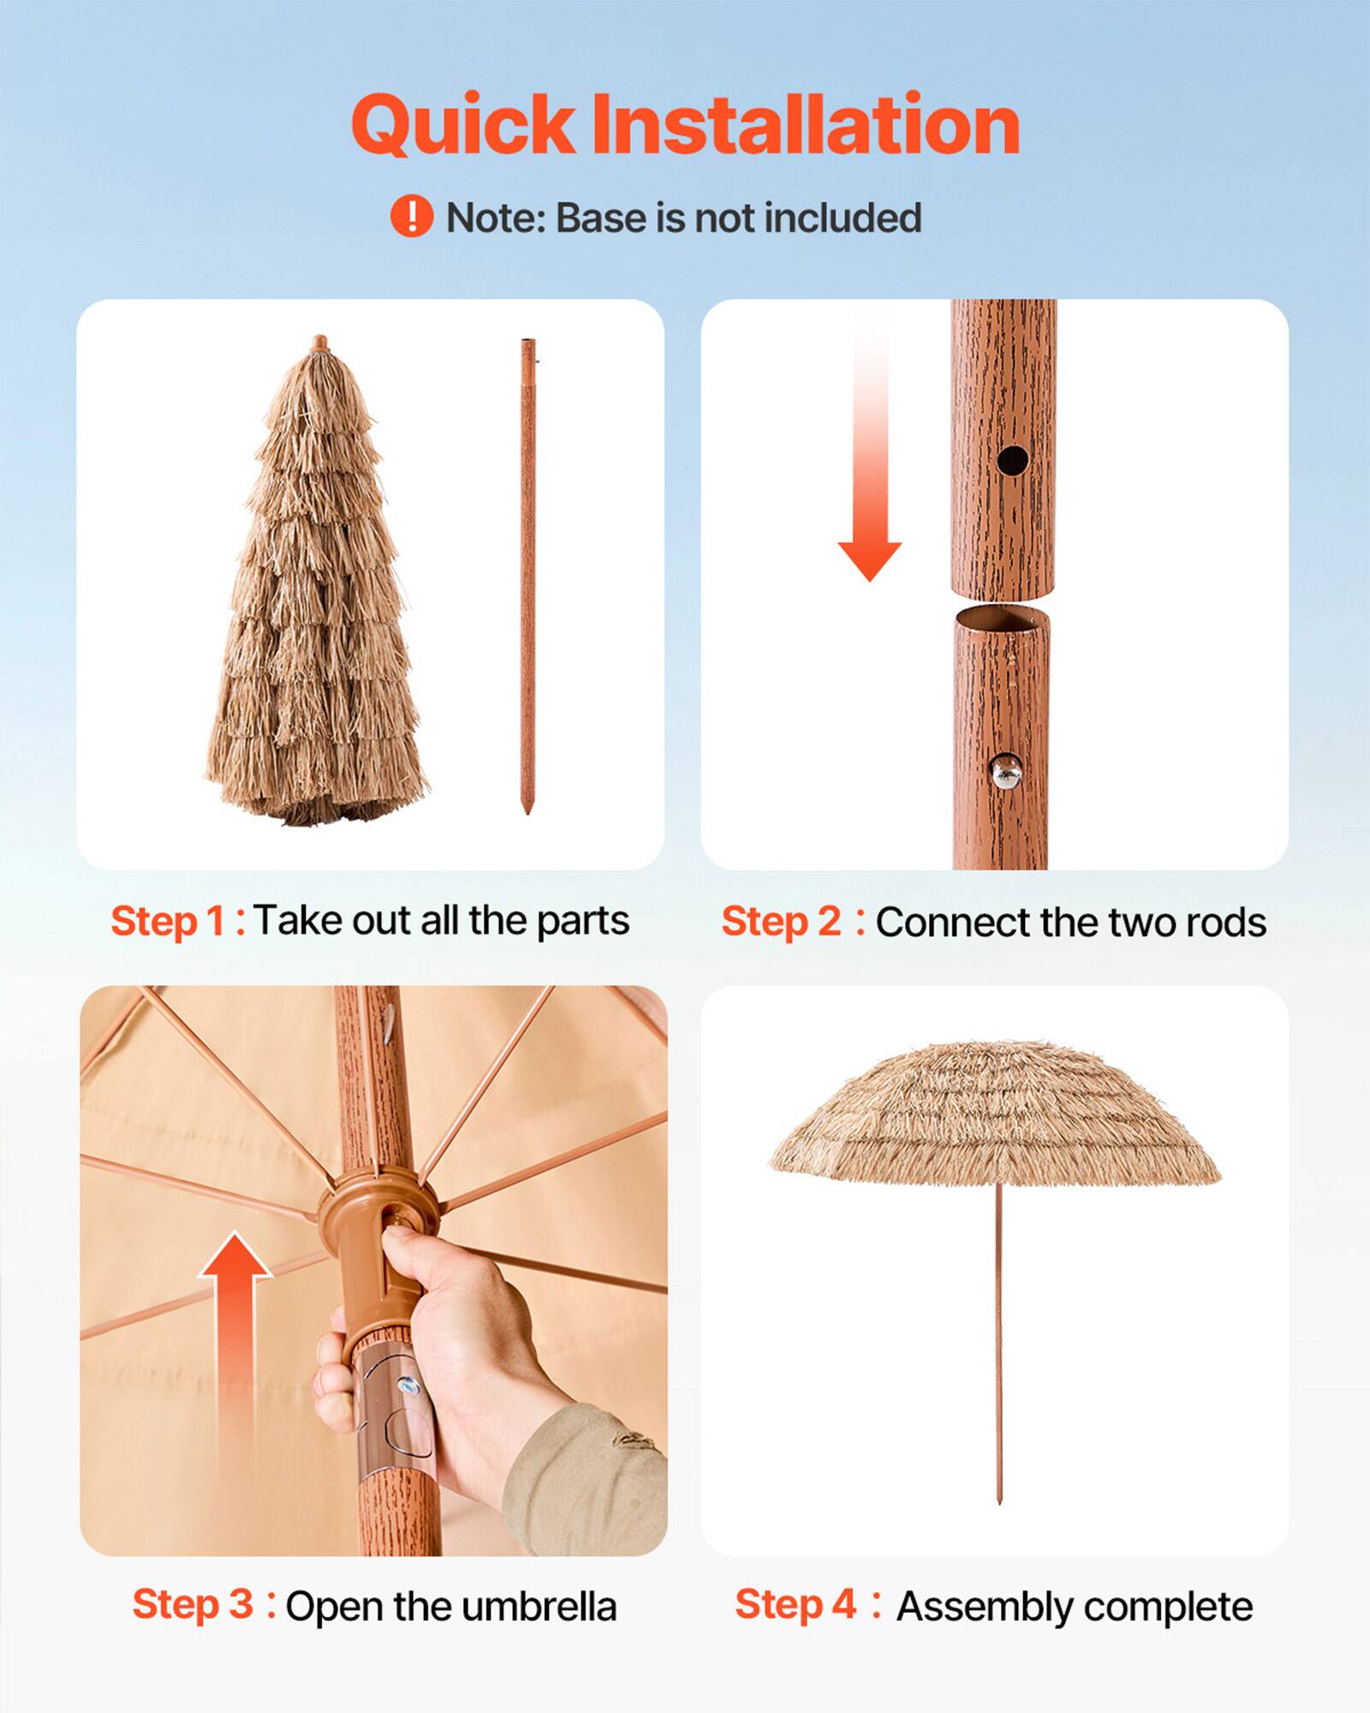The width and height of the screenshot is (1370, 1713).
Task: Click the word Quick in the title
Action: (x=462, y=126)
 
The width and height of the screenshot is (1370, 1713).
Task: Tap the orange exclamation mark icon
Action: (x=412, y=216)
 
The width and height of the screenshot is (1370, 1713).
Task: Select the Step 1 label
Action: (x=169, y=922)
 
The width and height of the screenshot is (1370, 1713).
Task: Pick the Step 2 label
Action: (x=781, y=922)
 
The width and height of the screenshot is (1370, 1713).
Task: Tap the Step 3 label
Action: (x=193, y=1605)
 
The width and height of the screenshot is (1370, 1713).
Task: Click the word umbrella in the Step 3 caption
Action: (x=538, y=1607)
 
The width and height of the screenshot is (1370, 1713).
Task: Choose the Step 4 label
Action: (x=795, y=1605)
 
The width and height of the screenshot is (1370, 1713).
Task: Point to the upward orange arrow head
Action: (x=235, y=1258)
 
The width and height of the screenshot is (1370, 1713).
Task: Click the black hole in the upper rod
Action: (x=1012, y=460)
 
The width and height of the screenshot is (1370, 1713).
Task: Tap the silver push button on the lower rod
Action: (x=1005, y=772)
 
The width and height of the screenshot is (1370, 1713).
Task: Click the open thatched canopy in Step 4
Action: (x=993, y=1113)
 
